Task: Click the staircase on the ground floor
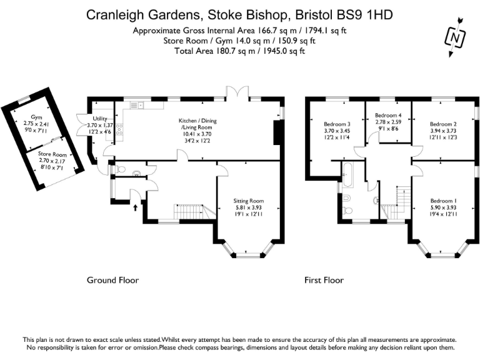click(189, 212)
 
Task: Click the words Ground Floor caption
click(112, 281)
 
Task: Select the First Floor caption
click(324, 281)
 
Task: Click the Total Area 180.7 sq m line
click(239, 51)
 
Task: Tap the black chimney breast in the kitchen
click(278, 132)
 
